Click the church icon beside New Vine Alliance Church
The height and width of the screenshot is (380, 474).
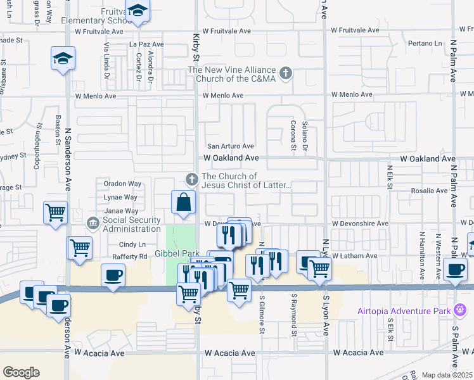tap(286, 73)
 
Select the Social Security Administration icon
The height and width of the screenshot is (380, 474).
tap(93, 224)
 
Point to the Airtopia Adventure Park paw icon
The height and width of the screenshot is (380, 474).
tap(461, 310)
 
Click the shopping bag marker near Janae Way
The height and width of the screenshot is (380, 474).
tap(183, 203)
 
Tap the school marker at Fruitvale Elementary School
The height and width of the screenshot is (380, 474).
tap(137, 11)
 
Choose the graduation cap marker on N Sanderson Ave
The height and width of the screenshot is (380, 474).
tap(63, 59)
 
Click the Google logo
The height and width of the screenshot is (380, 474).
tap(21, 372)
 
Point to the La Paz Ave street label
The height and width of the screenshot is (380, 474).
tap(146, 44)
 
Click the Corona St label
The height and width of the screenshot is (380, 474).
tap(293, 136)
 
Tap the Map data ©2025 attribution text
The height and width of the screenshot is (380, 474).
tap(446, 375)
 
